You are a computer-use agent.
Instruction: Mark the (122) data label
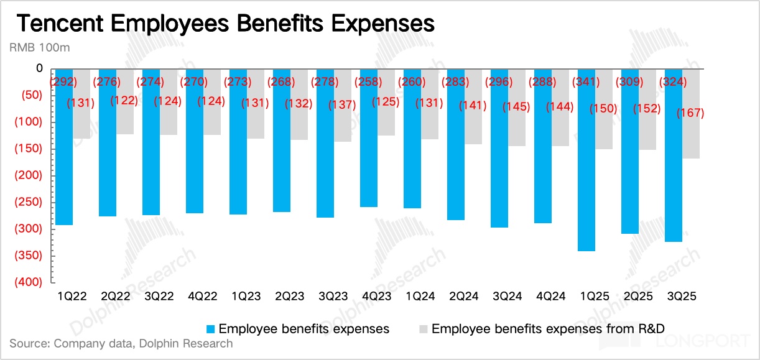[124, 101]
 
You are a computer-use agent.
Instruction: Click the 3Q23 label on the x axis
[327, 297]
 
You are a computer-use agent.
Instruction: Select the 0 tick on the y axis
[39, 68]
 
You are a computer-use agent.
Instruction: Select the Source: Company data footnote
[121, 344]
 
